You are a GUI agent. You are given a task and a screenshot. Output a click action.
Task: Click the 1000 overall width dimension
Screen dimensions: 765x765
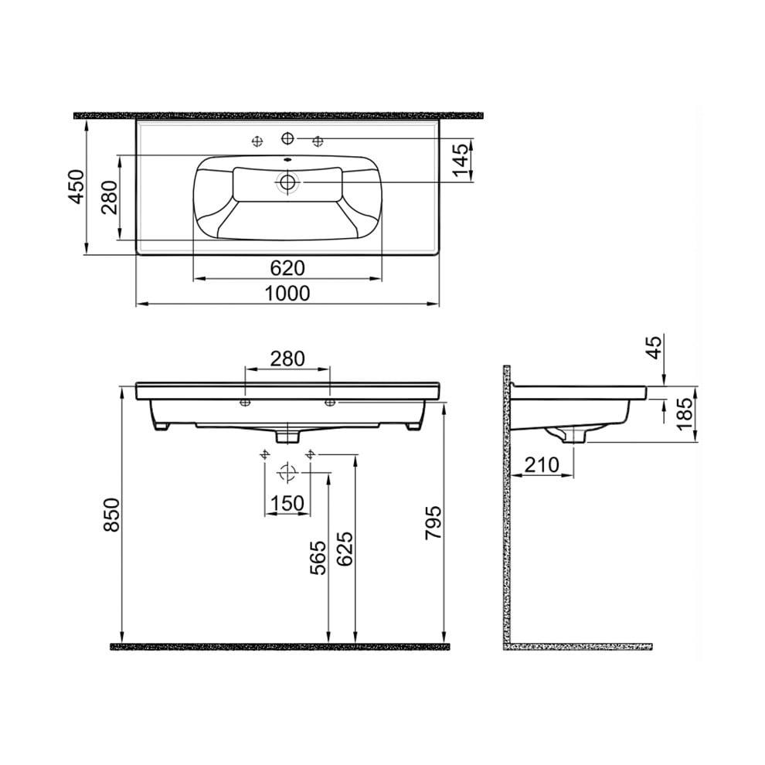click(x=287, y=294)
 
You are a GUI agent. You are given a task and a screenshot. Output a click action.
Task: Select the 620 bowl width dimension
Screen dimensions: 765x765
click(x=287, y=267)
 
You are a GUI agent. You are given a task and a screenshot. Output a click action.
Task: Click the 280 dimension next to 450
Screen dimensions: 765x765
click(x=107, y=199)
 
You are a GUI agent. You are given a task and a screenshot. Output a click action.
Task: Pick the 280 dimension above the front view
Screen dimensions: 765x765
click(x=287, y=359)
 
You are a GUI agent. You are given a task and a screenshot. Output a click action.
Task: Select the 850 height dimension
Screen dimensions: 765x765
click(x=111, y=514)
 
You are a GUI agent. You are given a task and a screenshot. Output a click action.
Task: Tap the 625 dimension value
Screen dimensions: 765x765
click(x=345, y=549)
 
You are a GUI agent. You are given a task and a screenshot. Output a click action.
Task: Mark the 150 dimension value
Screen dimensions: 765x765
click(x=287, y=503)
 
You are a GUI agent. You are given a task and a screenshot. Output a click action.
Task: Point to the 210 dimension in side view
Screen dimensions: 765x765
click(x=543, y=465)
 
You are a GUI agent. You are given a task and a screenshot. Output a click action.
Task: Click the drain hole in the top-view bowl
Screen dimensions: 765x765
click(x=288, y=182)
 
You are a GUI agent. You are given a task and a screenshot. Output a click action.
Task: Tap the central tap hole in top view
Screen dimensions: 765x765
click(x=287, y=138)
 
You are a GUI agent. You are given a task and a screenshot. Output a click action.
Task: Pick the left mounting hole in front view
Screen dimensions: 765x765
click(x=244, y=403)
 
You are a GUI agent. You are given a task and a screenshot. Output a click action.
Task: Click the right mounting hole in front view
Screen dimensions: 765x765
click(x=329, y=403)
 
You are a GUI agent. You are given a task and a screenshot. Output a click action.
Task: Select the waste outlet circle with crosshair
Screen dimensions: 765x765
click(x=287, y=471)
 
